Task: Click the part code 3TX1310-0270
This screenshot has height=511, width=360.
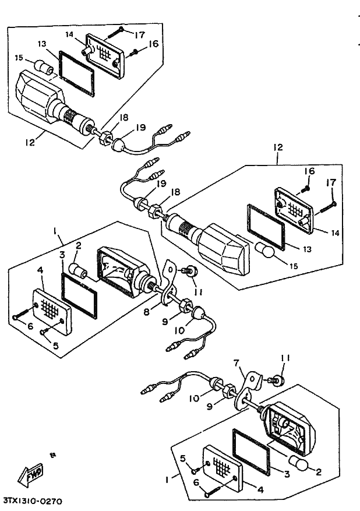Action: click(33, 500)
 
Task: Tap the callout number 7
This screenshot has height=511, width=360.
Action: click(237, 363)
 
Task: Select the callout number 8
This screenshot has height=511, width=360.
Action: click(147, 312)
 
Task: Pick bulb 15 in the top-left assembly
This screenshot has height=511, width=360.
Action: click(44, 67)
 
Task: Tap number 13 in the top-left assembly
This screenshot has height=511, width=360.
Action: click(41, 44)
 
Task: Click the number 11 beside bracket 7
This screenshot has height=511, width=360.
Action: click(285, 358)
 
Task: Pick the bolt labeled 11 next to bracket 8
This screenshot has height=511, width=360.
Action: click(189, 271)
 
